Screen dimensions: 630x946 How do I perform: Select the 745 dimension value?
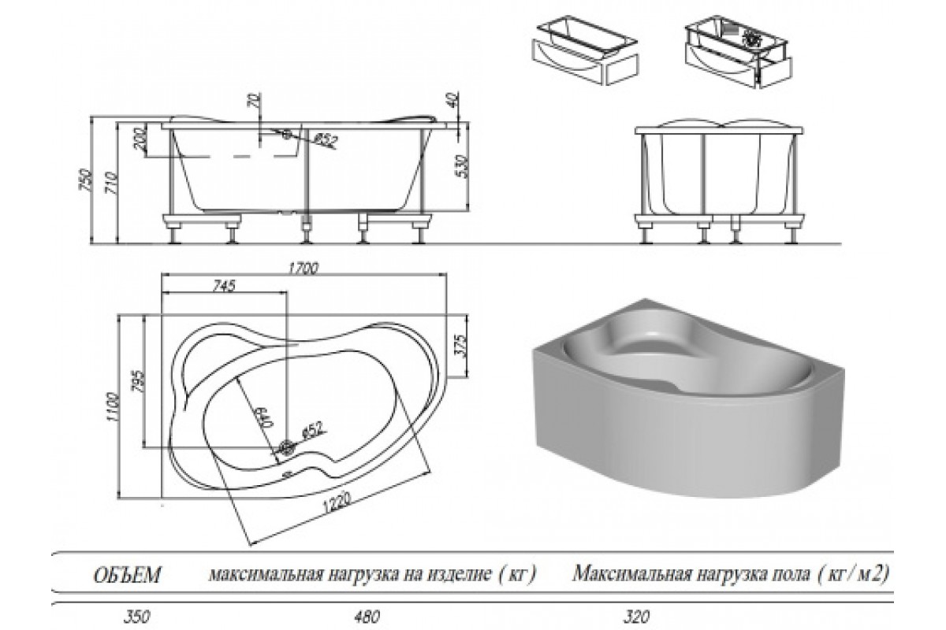[224, 287]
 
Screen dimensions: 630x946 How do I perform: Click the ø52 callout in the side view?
[325, 139]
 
